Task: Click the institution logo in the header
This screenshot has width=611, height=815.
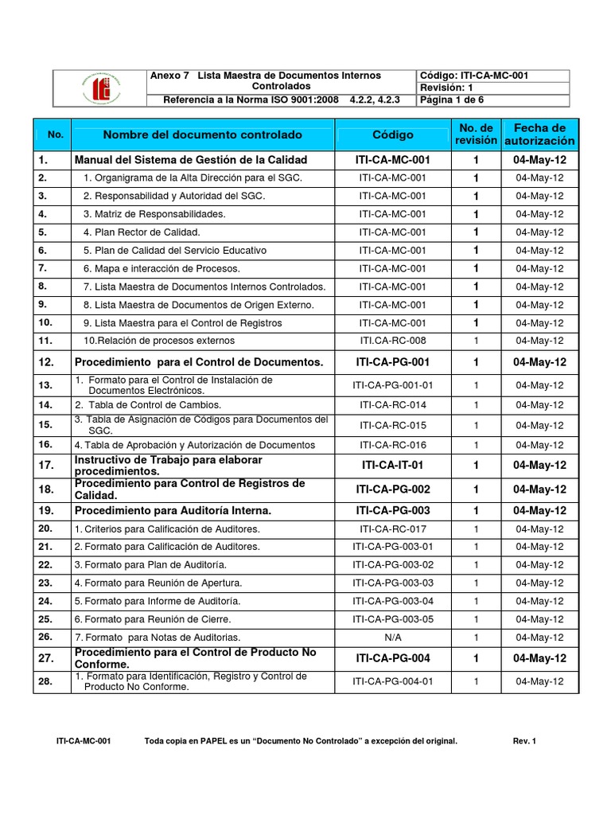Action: point(100,88)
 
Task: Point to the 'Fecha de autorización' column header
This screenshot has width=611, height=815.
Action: point(540,134)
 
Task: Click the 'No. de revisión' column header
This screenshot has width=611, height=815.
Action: point(476,134)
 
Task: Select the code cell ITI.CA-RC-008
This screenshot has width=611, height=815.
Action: point(393,341)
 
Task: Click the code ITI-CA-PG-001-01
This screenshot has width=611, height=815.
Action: point(393,385)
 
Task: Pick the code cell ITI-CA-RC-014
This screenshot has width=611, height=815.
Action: point(393,405)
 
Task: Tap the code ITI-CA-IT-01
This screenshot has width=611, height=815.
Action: point(393,465)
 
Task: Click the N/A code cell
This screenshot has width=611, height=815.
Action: point(393,637)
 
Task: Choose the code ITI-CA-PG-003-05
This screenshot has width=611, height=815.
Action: point(393,618)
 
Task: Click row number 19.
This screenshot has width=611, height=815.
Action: point(45,509)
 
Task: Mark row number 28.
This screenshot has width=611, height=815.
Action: point(45,681)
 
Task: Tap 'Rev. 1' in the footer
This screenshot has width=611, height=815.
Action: point(525,742)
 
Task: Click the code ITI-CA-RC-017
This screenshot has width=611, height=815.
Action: point(393,528)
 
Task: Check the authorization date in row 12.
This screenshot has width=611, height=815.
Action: point(540,362)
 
